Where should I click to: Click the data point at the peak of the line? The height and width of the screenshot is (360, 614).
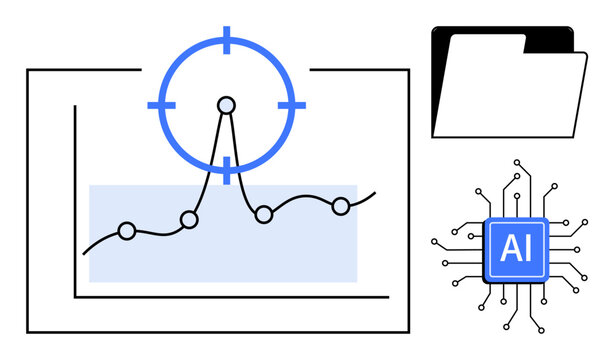tap(227, 104)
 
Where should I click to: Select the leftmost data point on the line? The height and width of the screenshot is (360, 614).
tap(126, 231)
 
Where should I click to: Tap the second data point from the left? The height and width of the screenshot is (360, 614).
tap(189, 220)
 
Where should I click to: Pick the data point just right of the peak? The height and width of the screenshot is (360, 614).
tap(264, 214)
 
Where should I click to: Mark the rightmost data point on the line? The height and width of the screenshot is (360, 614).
tap(341, 206)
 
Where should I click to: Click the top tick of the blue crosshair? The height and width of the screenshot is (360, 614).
tap(227, 41)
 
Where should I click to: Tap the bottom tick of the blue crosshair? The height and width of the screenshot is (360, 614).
tap(227, 169)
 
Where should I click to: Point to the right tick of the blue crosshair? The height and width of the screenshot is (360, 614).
tap(291, 104)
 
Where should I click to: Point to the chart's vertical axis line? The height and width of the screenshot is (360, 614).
tap(75, 200)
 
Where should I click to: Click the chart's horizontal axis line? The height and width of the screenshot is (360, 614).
tap(230, 297)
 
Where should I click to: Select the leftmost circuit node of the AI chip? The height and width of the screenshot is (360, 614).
tap(433, 241)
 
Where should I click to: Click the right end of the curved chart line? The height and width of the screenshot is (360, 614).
tap(375, 192)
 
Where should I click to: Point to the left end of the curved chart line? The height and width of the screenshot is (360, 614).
tap(84, 253)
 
